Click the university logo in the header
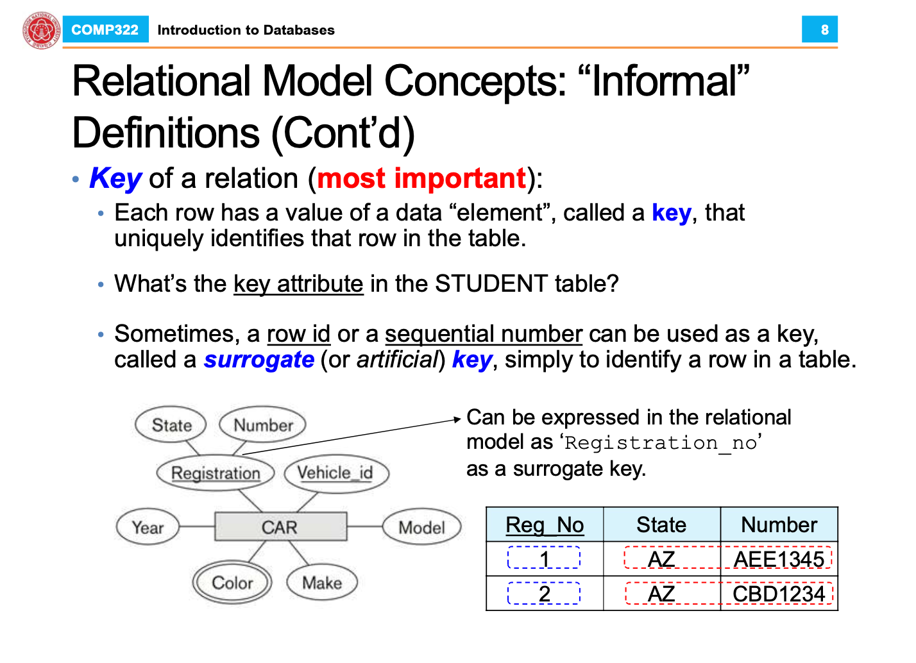pyautogui.click(x=42, y=30)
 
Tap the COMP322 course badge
pyautogui.click(x=105, y=29)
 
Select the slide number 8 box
pyautogui.click(x=820, y=29)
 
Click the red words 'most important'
pyautogui.click(x=421, y=178)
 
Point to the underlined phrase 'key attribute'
pyautogui.click(x=298, y=283)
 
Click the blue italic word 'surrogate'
pyautogui.click(x=259, y=360)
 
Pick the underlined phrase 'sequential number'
pyautogui.click(x=484, y=334)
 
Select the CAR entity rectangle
pyautogui.click(x=281, y=527)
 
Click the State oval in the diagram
pyautogui.click(x=171, y=425)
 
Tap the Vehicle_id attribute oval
pyautogui.click(x=336, y=474)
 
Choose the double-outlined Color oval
pyautogui.click(x=232, y=582)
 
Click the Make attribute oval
pyautogui.click(x=322, y=582)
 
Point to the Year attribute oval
pyautogui.click(x=148, y=527)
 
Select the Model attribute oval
pyautogui.click(x=421, y=527)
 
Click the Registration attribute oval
pyautogui.click(x=216, y=473)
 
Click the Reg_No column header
pyautogui.click(x=545, y=525)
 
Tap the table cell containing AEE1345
pyautogui.click(x=779, y=558)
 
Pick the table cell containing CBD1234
pyautogui.click(x=779, y=593)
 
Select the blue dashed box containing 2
pyautogui.click(x=544, y=593)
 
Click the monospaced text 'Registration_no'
pyautogui.click(x=661, y=443)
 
